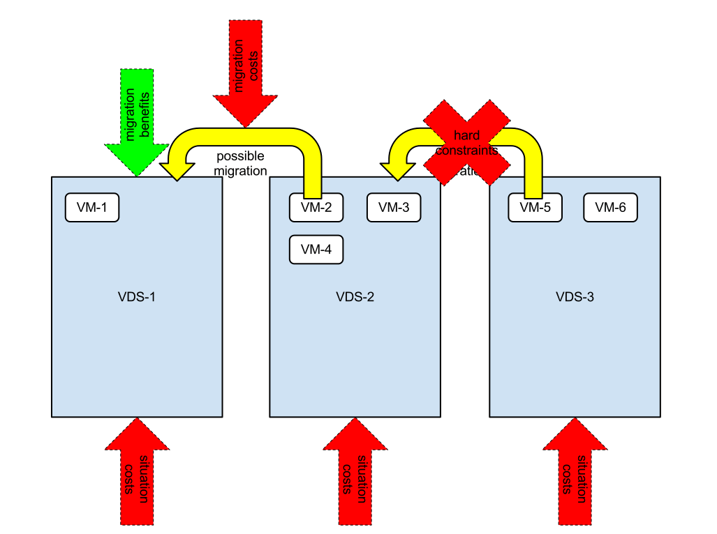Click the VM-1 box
[x=92, y=208]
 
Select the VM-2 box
[x=316, y=208]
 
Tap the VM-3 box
[x=394, y=208]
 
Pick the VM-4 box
[x=316, y=250]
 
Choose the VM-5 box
[x=535, y=208]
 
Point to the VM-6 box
[x=610, y=208]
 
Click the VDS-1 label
[x=137, y=297]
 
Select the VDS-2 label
[x=355, y=297]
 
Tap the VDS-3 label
[x=575, y=297]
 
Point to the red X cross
[x=466, y=142]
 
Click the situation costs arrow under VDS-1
[x=137, y=474]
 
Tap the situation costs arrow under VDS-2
[x=355, y=474]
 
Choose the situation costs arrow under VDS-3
[x=575, y=474]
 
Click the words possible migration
[x=241, y=163]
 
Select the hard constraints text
[x=466, y=142]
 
